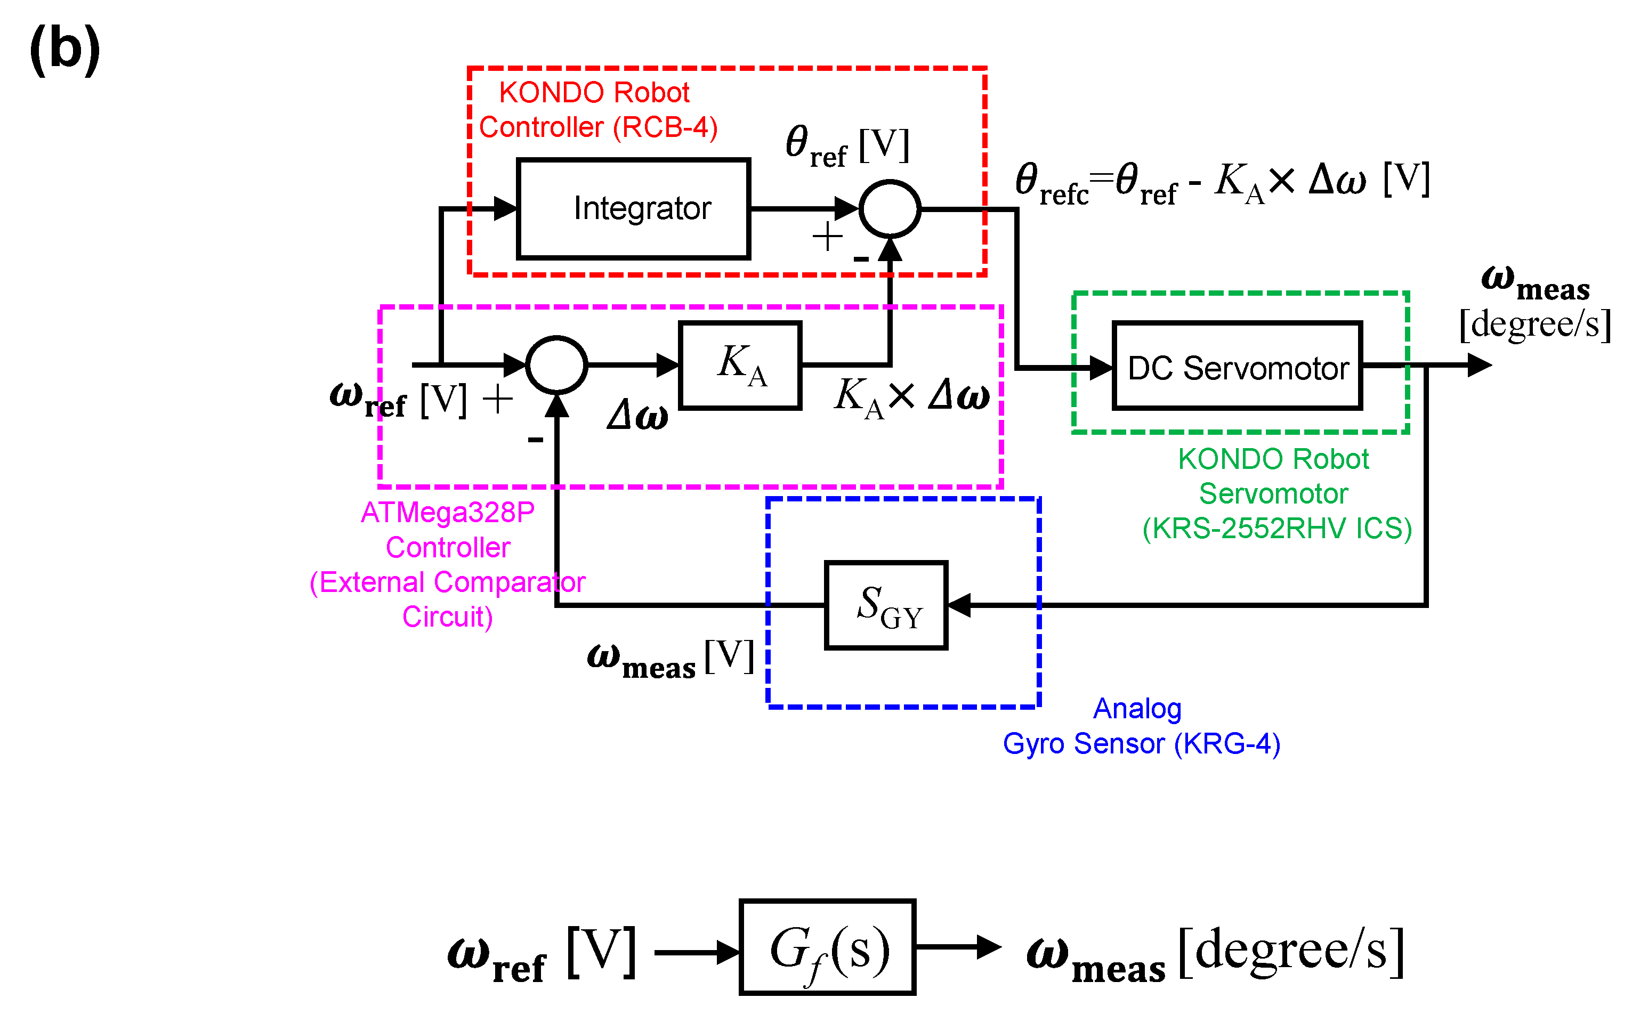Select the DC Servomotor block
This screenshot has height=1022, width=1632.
pyautogui.click(x=1237, y=366)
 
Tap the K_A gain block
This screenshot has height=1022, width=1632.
pyautogui.click(x=740, y=366)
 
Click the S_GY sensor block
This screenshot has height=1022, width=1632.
pyautogui.click(x=886, y=605)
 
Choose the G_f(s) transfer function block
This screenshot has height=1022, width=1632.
pyautogui.click(x=828, y=947)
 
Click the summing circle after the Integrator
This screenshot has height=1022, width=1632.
pyautogui.click(x=889, y=209)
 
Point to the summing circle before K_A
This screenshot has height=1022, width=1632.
pyautogui.click(x=556, y=365)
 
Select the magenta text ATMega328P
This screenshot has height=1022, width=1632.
pyautogui.click(x=448, y=513)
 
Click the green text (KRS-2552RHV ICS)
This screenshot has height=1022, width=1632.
pyautogui.click(x=1276, y=529)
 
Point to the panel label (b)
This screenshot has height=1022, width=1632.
pyautogui.click(x=65, y=48)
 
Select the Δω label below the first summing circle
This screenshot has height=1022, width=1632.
pyautogui.click(x=637, y=415)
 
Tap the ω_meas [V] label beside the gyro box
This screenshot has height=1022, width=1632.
pyautogui.click(x=669, y=659)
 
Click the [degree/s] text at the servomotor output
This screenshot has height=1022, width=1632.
pyautogui.click(x=1534, y=325)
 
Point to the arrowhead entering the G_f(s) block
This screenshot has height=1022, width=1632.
pyautogui.click(x=729, y=952)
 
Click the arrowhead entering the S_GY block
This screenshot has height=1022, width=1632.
pyautogui.click(x=959, y=605)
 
